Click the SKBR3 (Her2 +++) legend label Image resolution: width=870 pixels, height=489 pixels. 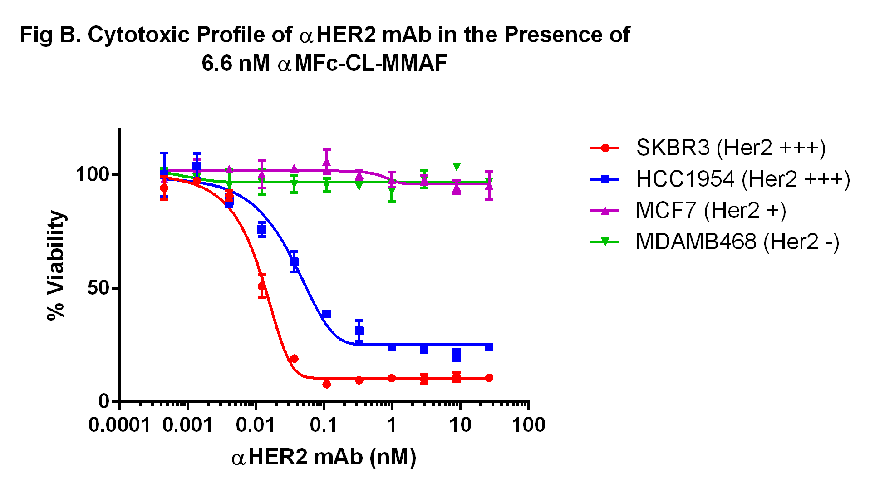point(731,148)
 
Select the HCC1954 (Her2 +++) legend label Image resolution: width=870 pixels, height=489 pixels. point(743,179)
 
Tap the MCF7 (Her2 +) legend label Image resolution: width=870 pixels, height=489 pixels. point(711,211)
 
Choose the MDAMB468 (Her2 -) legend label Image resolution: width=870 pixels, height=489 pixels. point(737,242)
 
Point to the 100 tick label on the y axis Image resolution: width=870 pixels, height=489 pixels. point(93,175)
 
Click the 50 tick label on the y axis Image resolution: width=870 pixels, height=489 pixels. point(98,288)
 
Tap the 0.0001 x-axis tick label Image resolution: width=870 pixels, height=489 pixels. point(119,425)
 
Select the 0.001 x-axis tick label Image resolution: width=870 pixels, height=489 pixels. point(187,425)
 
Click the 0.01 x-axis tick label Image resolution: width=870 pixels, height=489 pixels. point(256,425)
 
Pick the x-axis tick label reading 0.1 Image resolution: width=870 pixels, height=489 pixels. point(324,425)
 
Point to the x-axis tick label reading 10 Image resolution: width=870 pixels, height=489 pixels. point(460,425)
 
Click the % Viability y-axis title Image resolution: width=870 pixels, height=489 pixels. point(57,266)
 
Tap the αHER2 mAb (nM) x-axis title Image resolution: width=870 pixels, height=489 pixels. point(324,457)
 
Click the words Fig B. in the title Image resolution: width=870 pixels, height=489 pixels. point(50,35)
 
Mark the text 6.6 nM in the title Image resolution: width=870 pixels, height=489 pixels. point(236,64)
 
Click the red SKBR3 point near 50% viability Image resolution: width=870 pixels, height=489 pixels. point(262,286)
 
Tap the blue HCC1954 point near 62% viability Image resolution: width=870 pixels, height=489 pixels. point(294,262)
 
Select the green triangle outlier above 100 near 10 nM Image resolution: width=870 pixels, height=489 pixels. point(457,167)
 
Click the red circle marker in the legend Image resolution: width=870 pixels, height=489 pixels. point(605,148)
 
